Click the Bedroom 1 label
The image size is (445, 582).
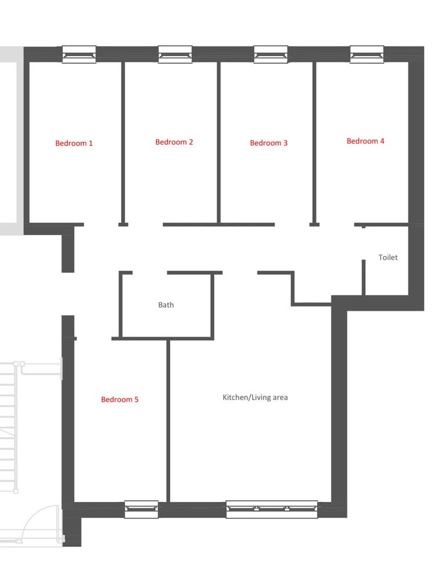point(74,143)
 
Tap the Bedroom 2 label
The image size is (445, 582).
point(174,142)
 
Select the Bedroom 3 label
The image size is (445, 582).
point(268,142)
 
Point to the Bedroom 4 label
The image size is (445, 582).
point(365,141)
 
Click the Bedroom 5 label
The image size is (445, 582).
point(119,399)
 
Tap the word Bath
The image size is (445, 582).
point(166,305)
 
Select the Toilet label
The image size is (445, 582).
point(388,257)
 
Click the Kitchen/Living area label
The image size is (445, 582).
point(255,397)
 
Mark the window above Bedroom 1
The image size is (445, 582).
point(79,54)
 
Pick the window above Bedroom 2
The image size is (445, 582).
point(175,54)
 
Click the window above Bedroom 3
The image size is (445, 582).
point(271,54)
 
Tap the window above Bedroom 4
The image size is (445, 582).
point(367,54)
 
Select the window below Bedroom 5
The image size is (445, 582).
point(141,509)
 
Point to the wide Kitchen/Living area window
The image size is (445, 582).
point(272,509)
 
